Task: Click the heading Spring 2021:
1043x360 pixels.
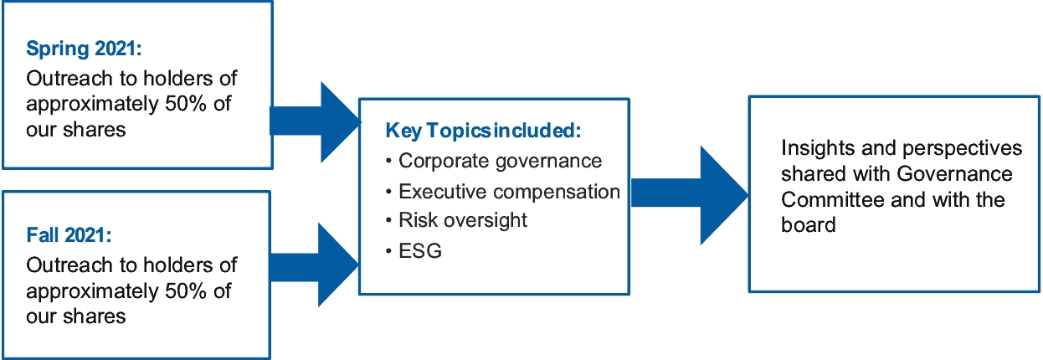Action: click(84, 49)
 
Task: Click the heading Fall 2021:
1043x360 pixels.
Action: click(69, 235)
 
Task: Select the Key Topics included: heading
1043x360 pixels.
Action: click(483, 131)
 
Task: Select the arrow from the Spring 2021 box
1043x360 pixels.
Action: click(316, 122)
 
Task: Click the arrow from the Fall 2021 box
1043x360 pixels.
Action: click(314, 265)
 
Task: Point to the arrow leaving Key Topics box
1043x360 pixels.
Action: click(690, 195)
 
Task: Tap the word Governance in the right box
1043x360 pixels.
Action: click(954, 173)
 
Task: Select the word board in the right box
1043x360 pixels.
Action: click(809, 225)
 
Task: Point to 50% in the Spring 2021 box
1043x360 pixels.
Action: click(185, 104)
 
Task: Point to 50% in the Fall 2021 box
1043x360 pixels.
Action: click(185, 291)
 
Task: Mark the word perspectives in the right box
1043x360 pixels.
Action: click(962, 149)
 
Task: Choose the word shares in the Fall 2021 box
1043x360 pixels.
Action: click(95, 316)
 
